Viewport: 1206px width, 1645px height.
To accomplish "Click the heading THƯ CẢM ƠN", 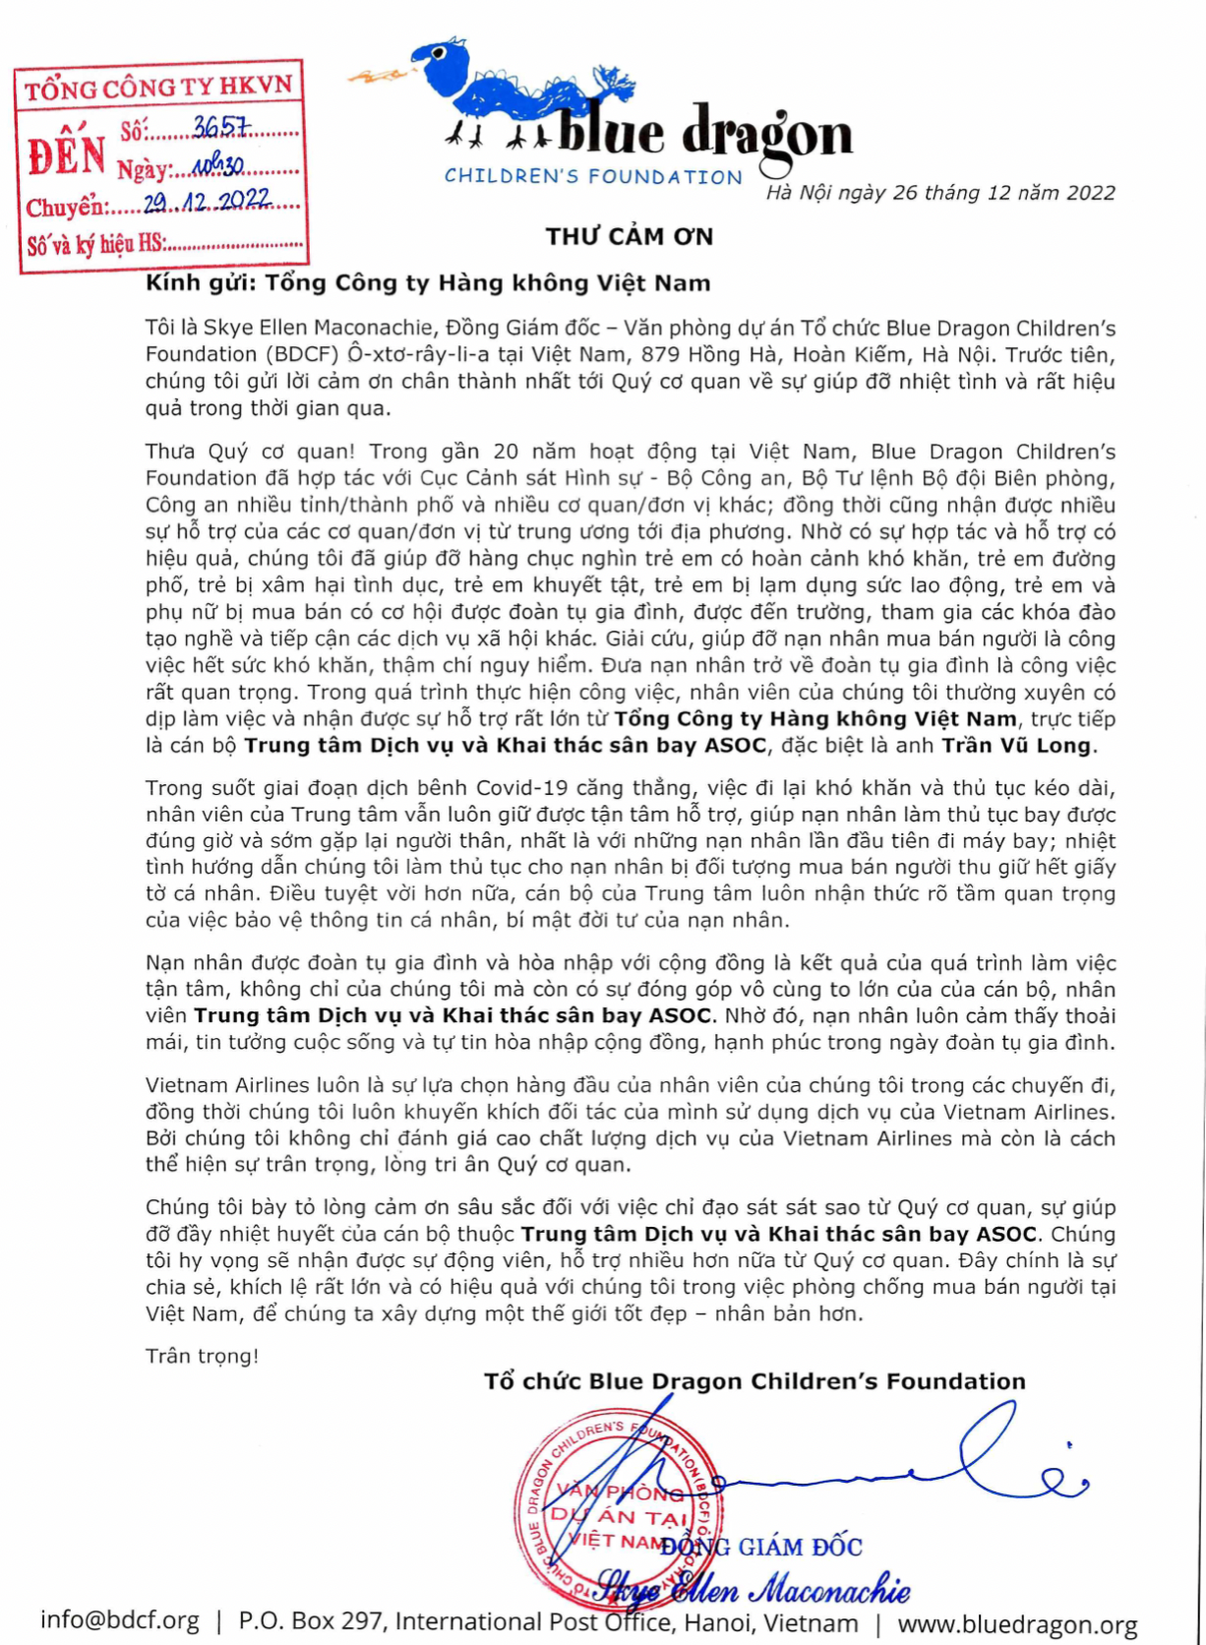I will [x=630, y=236].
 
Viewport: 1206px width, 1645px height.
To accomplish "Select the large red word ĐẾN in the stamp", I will [x=67, y=155].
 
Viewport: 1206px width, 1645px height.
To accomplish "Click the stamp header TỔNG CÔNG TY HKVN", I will [x=158, y=88].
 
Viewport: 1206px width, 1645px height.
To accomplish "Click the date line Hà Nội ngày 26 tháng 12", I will [x=940, y=193].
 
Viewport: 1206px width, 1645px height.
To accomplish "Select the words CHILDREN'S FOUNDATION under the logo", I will [x=593, y=177].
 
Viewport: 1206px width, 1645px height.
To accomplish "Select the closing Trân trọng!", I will [x=202, y=1356].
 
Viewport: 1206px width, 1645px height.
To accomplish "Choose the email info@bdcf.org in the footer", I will [x=120, y=1620].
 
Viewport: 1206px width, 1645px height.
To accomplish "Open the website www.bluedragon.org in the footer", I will [x=1017, y=1624].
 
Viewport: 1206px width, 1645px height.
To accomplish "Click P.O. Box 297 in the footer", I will [x=310, y=1621].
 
